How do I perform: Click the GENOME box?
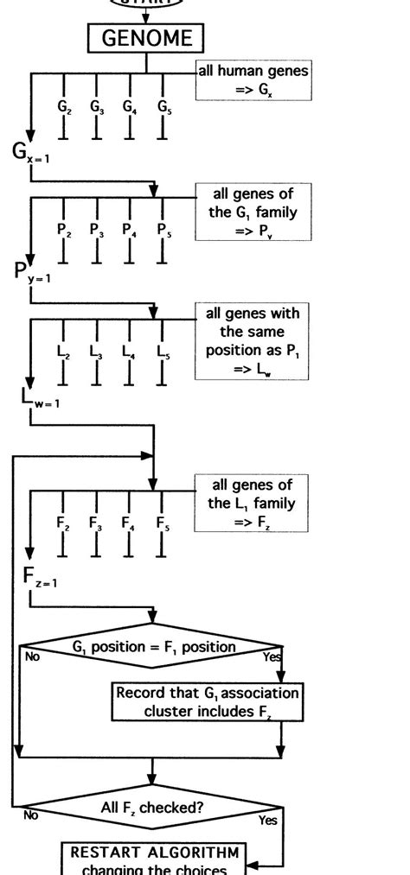pyautogui.click(x=145, y=39)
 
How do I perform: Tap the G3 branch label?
pyautogui.click(x=95, y=107)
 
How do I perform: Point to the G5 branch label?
pyautogui.click(x=163, y=107)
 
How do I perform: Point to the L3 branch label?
pyautogui.click(x=95, y=352)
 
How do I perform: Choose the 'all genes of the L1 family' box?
pyautogui.click(x=252, y=503)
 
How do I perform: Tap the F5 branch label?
pyautogui.click(x=163, y=523)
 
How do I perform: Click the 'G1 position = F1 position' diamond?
pyautogui.click(x=152, y=646)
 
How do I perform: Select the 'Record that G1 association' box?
pyautogui.click(x=208, y=701)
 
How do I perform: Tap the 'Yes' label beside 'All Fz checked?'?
pyautogui.click(x=267, y=820)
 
